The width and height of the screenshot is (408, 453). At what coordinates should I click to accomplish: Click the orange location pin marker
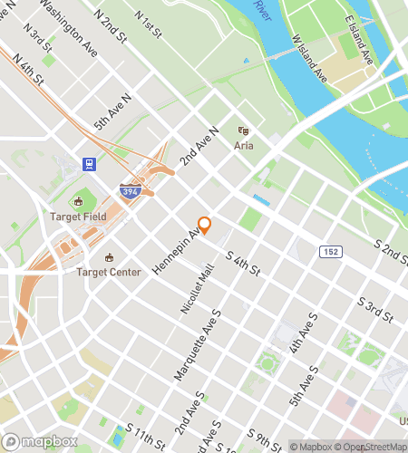[x=204, y=226]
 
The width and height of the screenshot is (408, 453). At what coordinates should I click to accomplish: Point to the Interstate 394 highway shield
[x=130, y=191]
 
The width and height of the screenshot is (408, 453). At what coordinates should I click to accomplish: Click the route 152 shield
[x=330, y=249]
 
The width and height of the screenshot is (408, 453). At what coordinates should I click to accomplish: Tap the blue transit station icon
[x=90, y=164]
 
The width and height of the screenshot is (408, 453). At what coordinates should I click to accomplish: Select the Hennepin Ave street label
[x=181, y=251]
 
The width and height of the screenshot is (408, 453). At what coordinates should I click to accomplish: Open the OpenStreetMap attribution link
[x=372, y=447]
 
